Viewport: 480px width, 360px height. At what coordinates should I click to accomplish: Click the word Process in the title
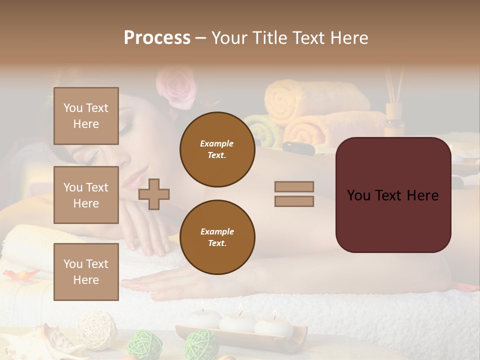tap(157, 38)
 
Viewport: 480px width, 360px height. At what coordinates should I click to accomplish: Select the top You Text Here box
tap(86, 116)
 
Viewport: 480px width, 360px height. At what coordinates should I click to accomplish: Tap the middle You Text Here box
tap(86, 195)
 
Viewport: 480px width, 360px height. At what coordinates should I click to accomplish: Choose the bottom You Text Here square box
tap(86, 272)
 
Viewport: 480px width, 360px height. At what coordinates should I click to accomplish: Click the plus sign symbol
tap(154, 193)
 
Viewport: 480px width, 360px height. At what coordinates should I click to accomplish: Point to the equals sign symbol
tap(294, 194)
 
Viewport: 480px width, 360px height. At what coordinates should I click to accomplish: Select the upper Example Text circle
tap(217, 149)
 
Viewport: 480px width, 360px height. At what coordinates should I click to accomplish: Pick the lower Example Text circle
tap(217, 237)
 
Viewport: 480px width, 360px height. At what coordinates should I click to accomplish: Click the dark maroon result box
tap(393, 195)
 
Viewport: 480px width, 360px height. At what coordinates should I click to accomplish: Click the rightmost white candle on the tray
tap(273, 325)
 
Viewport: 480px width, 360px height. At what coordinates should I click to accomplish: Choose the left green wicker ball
tap(145, 345)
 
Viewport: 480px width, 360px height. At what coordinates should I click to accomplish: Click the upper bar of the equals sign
tap(294, 186)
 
